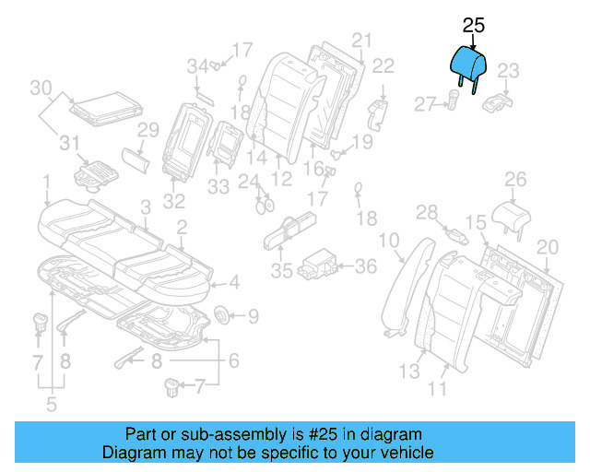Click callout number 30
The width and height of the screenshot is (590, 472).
coord(41,88)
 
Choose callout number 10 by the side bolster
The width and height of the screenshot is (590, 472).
coord(389,242)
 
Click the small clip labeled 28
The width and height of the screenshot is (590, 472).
coord(454,231)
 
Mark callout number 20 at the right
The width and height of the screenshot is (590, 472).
coord(548,246)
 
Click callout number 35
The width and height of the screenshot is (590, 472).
coord(281,271)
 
